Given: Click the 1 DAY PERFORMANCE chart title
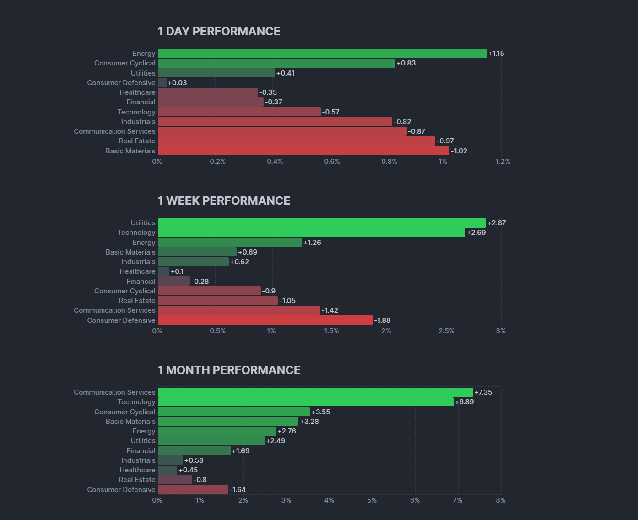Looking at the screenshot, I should click(219, 31).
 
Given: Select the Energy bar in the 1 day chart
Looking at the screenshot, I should click(322, 54).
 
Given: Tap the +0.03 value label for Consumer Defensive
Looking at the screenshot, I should click(177, 83).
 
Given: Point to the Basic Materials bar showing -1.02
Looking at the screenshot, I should click(303, 151).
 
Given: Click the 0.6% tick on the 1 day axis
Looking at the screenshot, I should click(332, 162).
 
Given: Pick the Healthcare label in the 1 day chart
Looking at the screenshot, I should click(137, 92).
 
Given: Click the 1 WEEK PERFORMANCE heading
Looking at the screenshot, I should click(224, 200).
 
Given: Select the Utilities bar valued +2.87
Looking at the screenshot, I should click(322, 223).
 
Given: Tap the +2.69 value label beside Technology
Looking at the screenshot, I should click(476, 233).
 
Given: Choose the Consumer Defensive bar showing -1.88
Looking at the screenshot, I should click(265, 320).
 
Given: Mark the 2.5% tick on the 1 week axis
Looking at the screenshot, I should click(446, 331).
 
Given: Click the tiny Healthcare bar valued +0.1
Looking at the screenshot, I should click(163, 271).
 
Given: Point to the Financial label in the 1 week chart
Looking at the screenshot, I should click(141, 282).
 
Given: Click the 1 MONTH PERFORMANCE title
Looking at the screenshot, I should click(229, 370).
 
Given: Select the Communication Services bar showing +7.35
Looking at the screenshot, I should click(315, 392).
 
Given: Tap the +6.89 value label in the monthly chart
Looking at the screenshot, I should click(464, 402).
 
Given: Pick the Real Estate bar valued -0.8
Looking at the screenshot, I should click(175, 480).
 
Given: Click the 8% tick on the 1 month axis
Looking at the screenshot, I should click(501, 500).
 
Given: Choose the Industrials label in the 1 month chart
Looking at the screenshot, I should click(138, 460).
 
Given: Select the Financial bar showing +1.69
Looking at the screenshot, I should click(194, 451).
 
